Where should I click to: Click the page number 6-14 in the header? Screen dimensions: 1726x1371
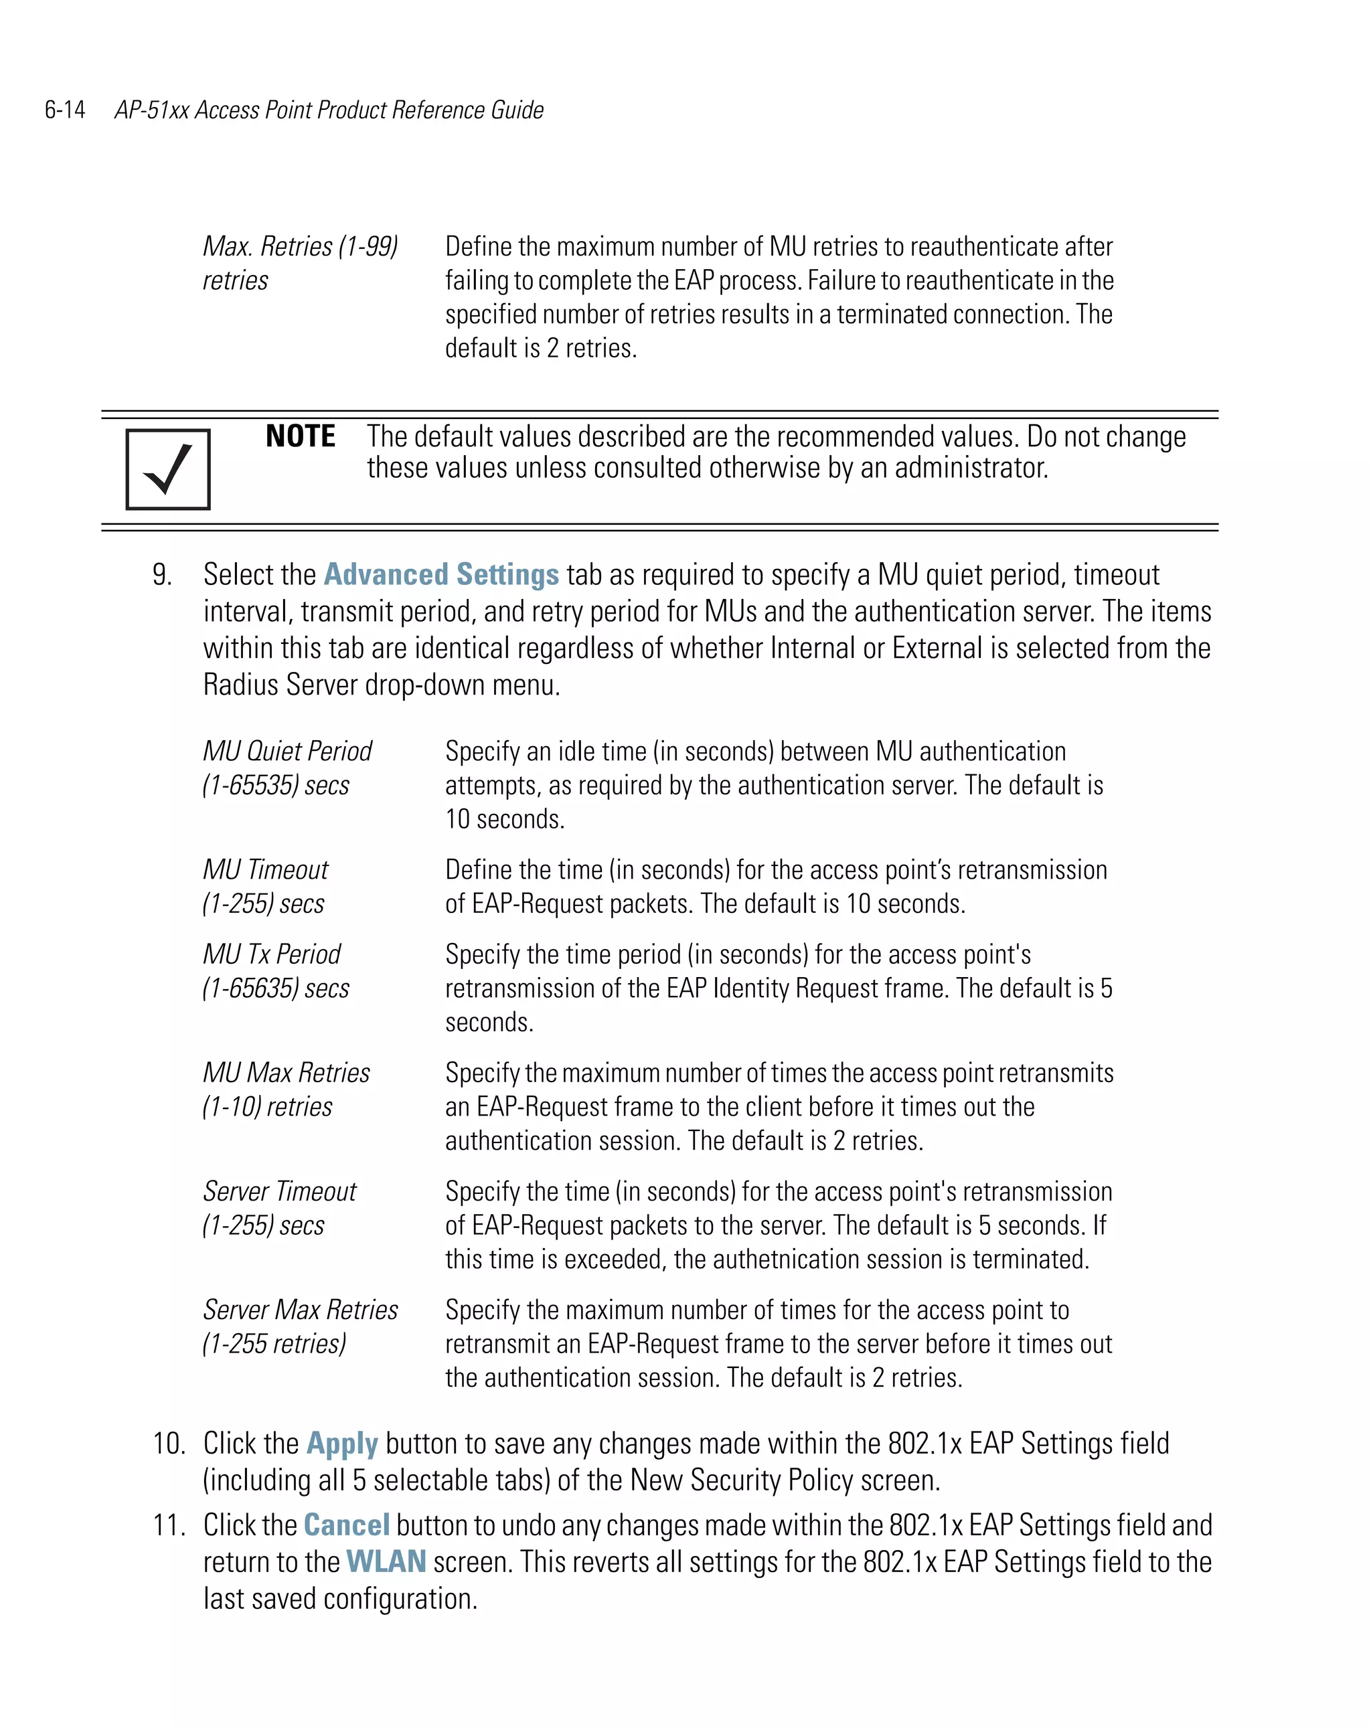65,110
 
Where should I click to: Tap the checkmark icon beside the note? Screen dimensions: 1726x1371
167,469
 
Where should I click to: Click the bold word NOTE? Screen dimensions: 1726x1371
301,436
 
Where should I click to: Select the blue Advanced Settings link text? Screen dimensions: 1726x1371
440,575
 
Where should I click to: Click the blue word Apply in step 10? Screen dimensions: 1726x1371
342,1444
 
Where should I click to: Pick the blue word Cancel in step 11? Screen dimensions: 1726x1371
347,1525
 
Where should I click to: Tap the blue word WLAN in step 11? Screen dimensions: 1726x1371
386,1562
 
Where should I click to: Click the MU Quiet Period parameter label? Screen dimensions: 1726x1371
287,751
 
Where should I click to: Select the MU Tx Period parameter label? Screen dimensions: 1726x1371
272,954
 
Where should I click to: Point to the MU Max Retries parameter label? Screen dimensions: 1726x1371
286,1073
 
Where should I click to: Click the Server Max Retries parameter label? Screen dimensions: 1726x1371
301,1310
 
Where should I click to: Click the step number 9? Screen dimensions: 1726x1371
162,575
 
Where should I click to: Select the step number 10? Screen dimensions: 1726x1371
168,1444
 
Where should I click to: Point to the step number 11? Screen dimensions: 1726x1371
168,1525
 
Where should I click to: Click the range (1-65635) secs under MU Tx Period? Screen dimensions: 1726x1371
276,988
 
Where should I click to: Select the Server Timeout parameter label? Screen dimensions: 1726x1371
279,1191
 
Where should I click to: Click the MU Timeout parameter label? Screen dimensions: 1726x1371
265,869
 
